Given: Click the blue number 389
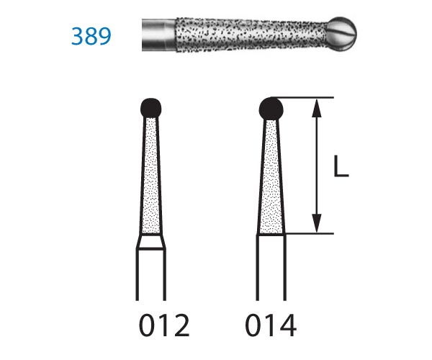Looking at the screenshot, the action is (x=91, y=36).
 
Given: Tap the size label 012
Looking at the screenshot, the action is (x=164, y=325).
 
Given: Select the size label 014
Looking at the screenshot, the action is (x=271, y=325).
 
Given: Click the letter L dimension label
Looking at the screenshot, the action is (x=341, y=166).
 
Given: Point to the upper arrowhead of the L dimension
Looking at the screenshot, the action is (x=317, y=108).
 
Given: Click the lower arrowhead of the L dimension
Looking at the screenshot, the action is (x=317, y=223).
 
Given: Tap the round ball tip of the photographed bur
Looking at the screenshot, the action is (x=343, y=35).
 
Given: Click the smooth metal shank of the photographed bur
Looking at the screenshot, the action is (x=159, y=35).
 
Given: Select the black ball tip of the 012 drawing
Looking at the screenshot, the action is (x=151, y=108).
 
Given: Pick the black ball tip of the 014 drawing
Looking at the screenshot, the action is (x=271, y=109).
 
